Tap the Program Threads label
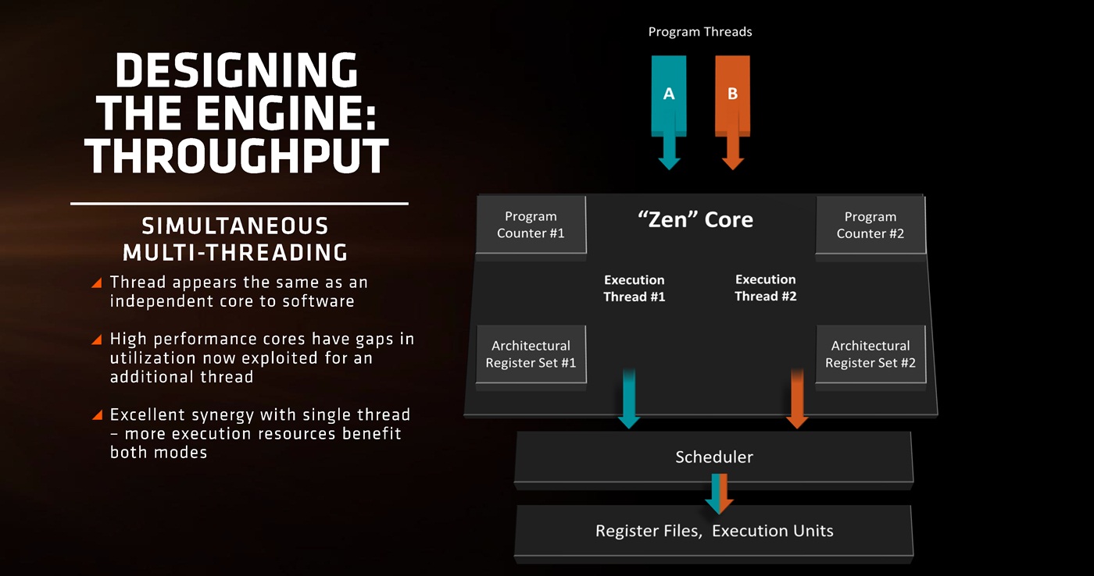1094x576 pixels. (700, 32)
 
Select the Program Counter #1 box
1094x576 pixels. (531, 225)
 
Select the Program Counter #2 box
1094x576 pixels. (870, 225)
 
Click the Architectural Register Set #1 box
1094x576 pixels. (531, 354)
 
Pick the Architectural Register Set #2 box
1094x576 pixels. (870, 354)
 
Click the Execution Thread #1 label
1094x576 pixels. (634, 288)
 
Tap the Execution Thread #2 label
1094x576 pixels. (765, 288)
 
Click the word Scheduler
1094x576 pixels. (714, 457)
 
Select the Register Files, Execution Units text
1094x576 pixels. (714, 532)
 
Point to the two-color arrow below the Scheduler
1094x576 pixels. (717, 494)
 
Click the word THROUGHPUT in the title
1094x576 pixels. (237, 155)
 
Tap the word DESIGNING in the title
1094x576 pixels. (237, 72)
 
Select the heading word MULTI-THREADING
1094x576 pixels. (235, 252)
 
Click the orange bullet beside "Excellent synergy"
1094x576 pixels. (97, 415)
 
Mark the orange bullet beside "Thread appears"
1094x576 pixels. (97, 283)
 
